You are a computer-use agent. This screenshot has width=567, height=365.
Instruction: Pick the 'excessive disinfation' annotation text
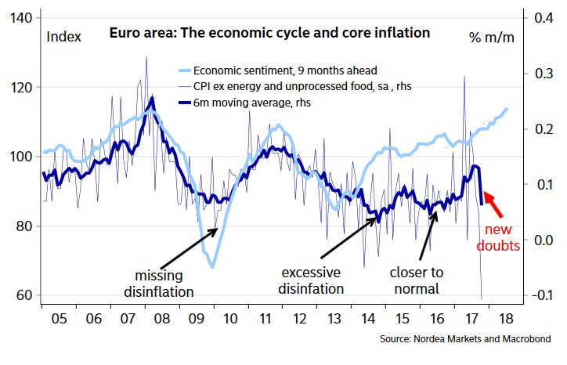311,280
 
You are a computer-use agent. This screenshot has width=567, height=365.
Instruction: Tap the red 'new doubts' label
500,237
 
